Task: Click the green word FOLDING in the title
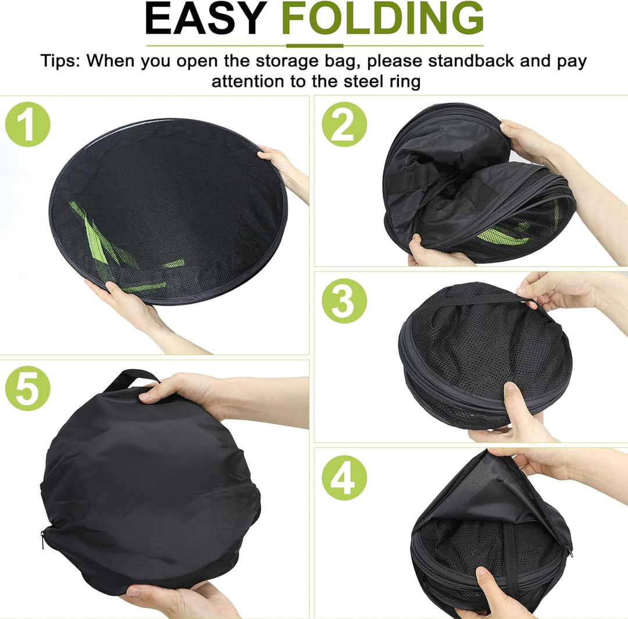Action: point(383,19)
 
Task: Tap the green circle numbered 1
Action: point(28,124)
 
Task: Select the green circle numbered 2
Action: point(344,124)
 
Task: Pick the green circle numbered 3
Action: point(344,300)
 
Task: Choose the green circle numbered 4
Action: point(344,478)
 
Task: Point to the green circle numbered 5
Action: point(28,388)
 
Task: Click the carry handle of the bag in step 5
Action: point(131,379)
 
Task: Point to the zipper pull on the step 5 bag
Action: point(43,540)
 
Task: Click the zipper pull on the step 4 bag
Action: point(569,550)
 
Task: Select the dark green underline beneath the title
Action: point(315,46)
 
